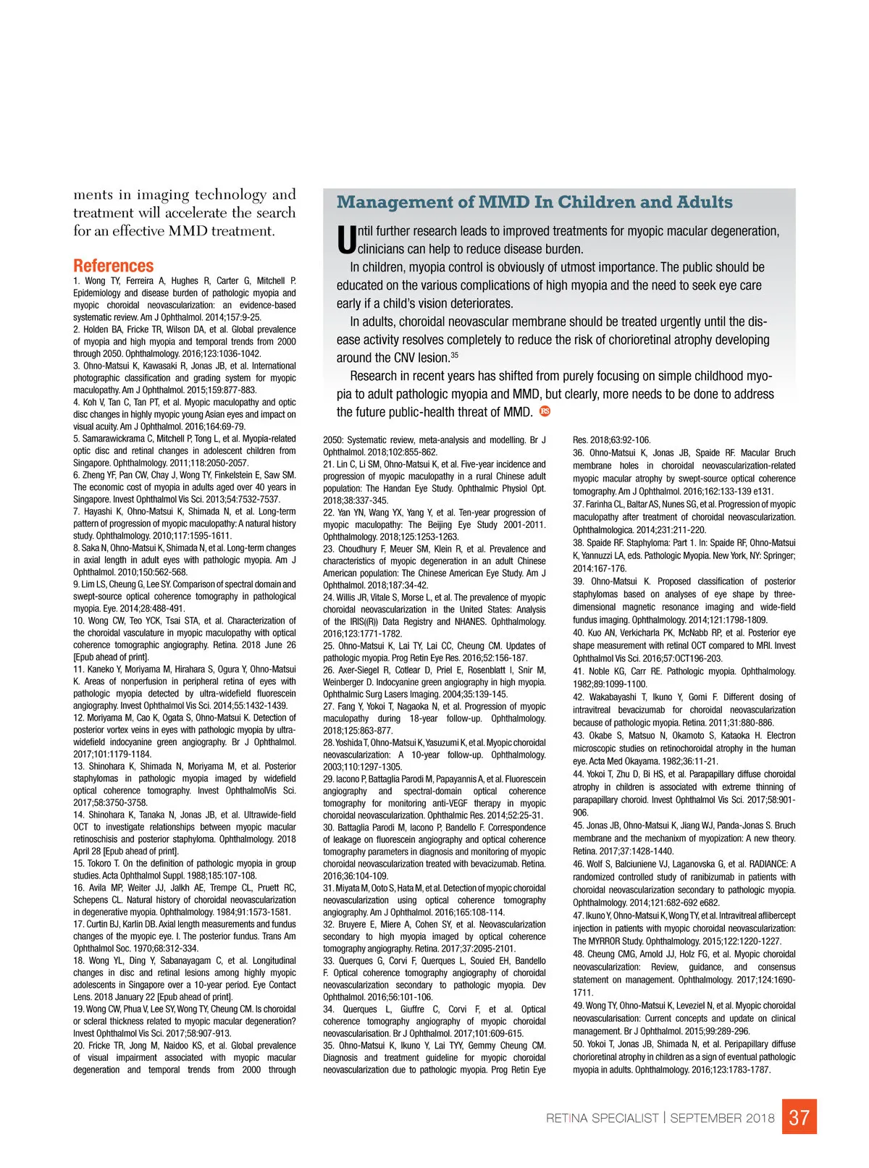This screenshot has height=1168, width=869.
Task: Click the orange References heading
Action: pos(113,266)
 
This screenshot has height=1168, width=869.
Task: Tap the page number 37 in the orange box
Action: pos(799,1117)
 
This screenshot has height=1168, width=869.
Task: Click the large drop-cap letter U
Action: pos(346,240)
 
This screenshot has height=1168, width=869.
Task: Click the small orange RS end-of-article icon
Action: pos(545,411)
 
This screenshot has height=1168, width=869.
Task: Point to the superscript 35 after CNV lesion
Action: pos(455,354)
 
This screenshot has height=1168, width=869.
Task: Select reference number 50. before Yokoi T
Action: pos(579,1044)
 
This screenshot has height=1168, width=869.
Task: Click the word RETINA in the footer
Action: pos(567,1118)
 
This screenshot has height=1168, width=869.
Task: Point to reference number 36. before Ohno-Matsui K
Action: pos(579,453)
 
